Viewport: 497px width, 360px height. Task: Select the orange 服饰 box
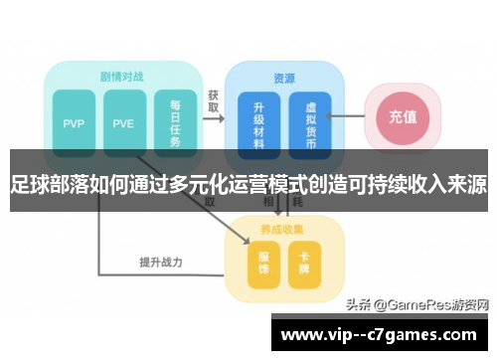click(x=262, y=262)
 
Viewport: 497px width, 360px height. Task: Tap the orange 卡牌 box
click(x=304, y=262)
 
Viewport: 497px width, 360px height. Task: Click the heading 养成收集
click(x=282, y=229)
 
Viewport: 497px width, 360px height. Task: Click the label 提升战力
click(x=160, y=263)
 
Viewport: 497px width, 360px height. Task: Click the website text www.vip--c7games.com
click(x=383, y=333)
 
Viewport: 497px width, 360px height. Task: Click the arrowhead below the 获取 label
click(x=220, y=116)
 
